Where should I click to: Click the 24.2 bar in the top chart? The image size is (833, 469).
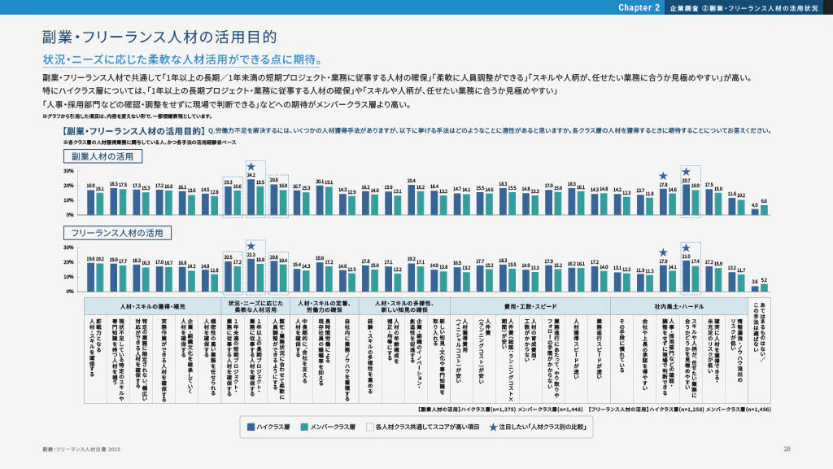click(x=251, y=197)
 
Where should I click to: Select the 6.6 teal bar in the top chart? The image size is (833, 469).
click(x=764, y=210)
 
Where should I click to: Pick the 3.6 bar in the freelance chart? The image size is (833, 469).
click(x=755, y=288)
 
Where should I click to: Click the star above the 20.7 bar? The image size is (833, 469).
click(x=687, y=172)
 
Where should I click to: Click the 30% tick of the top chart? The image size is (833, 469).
click(x=68, y=172)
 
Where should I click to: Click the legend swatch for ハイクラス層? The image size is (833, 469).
click(x=251, y=426)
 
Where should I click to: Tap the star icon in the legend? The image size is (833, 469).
click(x=494, y=426)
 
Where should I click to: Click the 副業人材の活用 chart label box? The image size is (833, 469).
click(x=102, y=156)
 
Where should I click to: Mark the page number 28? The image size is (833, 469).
click(x=787, y=449)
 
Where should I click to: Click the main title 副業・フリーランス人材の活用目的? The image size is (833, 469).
click(x=159, y=37)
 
